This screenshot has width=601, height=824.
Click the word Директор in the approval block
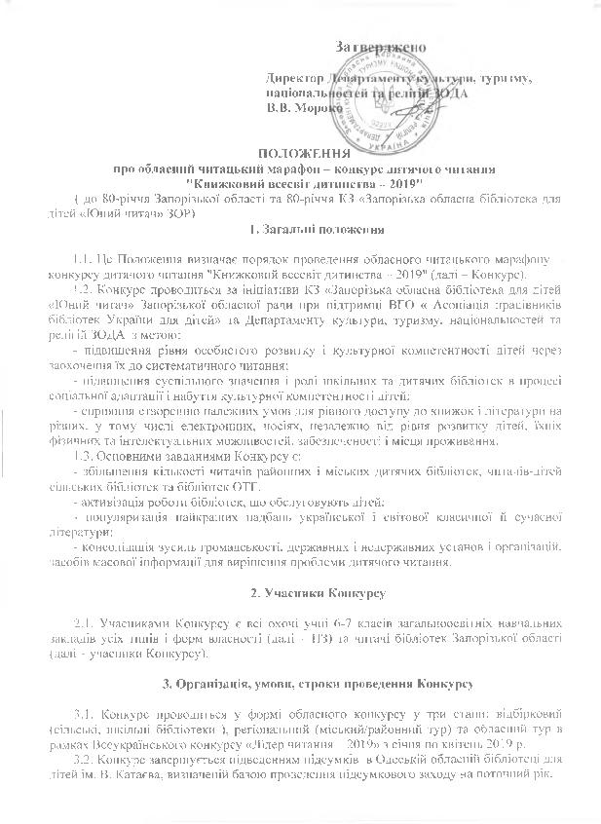coord(295,78)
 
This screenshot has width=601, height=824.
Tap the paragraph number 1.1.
coord(85,258)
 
